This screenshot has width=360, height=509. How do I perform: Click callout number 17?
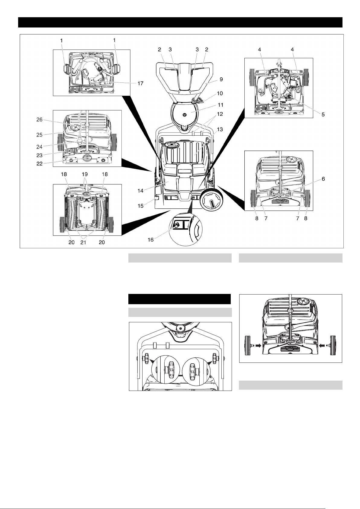pyautogui.click(x=140, y=83)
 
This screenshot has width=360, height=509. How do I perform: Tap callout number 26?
pyautogui.click(x=40, y=119)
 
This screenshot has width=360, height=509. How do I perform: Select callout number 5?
pyautogui.click(x=323, y=115)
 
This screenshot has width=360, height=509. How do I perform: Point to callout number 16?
pyautogui.click(x=150, y=240)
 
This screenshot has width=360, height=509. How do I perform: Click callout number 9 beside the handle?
pyautogui.click(x=221, y=79)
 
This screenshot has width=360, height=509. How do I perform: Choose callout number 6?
pyautogui.click(x=323, y=179)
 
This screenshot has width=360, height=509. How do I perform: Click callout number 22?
pyautogui.click(x=40, y=163)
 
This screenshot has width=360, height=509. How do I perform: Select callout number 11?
pyautogui.click(x=220, y=105)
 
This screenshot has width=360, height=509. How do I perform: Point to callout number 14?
pyautogui.click(x=140, y=191)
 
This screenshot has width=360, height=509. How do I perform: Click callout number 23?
pyautogui.click(x=40, y=155)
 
